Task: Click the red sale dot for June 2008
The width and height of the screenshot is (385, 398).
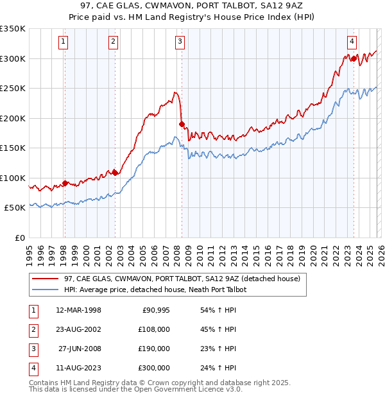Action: point(182,124)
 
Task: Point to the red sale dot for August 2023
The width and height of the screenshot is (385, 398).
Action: point(354,58)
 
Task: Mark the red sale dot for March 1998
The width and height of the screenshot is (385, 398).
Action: point(65,183)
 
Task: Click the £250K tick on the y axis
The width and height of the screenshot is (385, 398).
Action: point(13,88)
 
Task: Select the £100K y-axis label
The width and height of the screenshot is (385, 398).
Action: point(13,178)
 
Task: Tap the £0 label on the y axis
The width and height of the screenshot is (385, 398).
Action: point(19,238)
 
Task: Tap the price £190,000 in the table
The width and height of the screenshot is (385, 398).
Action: point(154,349)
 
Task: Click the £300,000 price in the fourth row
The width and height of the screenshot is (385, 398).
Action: point(154,368)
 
